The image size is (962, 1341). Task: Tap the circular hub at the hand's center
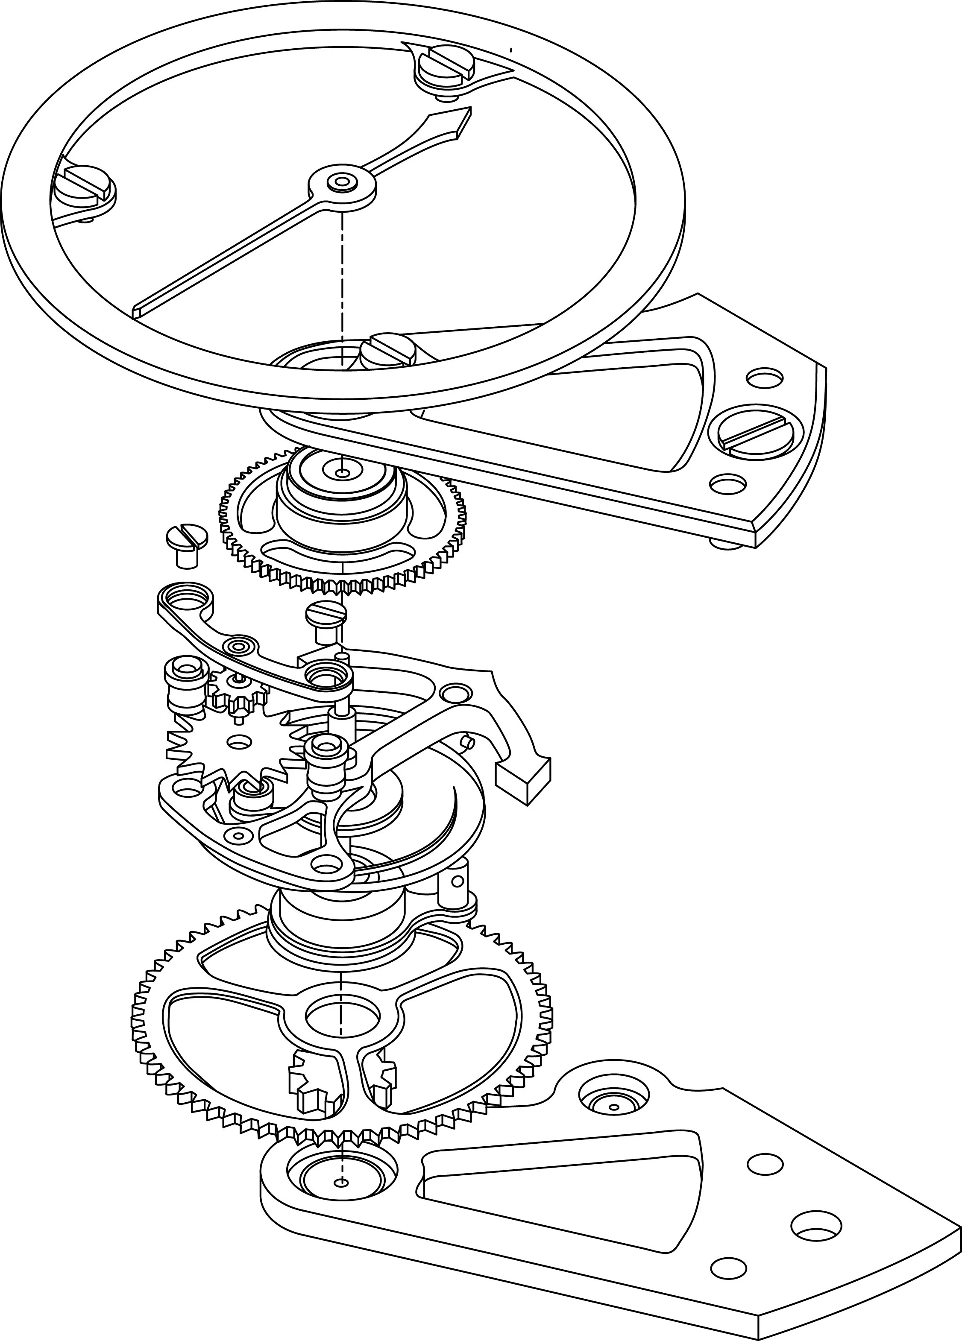pos(341,182)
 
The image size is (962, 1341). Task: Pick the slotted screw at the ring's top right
pos(447,64)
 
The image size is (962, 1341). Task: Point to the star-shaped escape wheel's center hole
pos(240,740)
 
